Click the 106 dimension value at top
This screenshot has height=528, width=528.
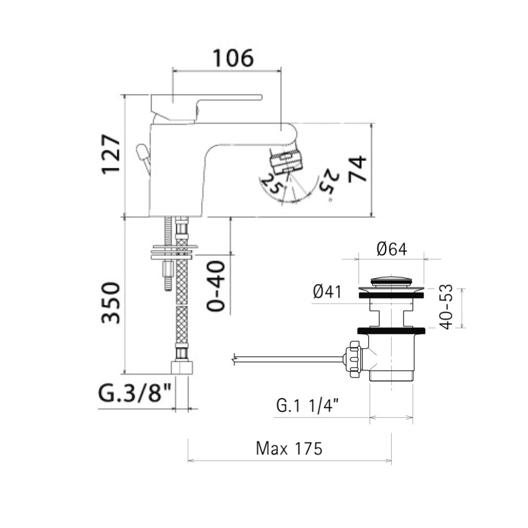[x=232, y=58]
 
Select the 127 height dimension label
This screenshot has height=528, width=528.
[x=111, y=154]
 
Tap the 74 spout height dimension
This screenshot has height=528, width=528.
[x=357, y=169]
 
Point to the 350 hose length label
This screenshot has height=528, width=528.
[x=111, y=302]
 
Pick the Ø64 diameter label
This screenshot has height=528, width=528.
[x=391, y=249]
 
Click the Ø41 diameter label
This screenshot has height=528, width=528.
[x=327, y=292]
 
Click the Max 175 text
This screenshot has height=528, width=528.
[x=289, y=449]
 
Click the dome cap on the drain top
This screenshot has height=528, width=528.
[x=391, y=281]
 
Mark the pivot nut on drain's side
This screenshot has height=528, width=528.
[x=355, y=359]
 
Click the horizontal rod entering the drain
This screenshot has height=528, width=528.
[x=288, y=358]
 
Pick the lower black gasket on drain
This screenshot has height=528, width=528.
[x=391, y=330]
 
